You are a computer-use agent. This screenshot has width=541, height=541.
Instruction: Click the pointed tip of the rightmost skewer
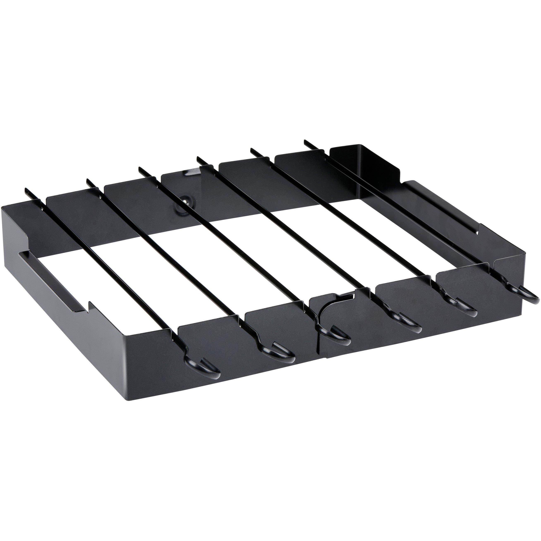click(306, 141)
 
